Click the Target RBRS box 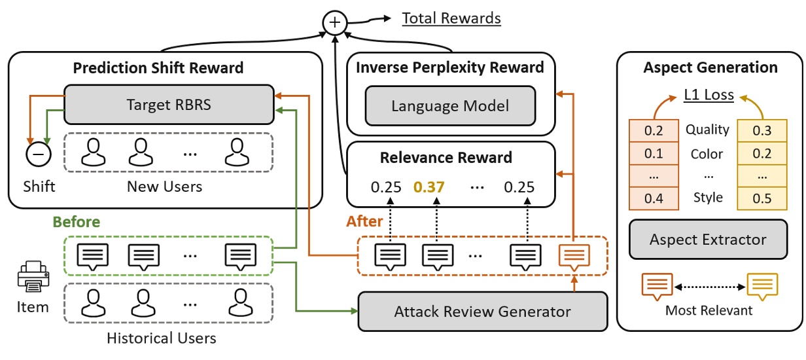tap(169, 103)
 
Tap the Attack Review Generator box tap(483, 312)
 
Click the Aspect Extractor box tap(708, 240)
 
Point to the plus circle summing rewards tap(334, 24)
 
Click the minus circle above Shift tap(37, 154)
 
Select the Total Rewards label tap(451, 18)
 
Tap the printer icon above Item tap(31, 278)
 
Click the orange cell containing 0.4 tap(654, 198)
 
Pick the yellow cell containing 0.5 tap(761, 198)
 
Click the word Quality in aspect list tap(707, 130)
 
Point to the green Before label tap(77, 222)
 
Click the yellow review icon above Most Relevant tap(762, 285)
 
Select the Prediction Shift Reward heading tap(158, 67)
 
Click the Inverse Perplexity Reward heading tap(450, 67)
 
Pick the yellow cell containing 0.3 tap(761, 130)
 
